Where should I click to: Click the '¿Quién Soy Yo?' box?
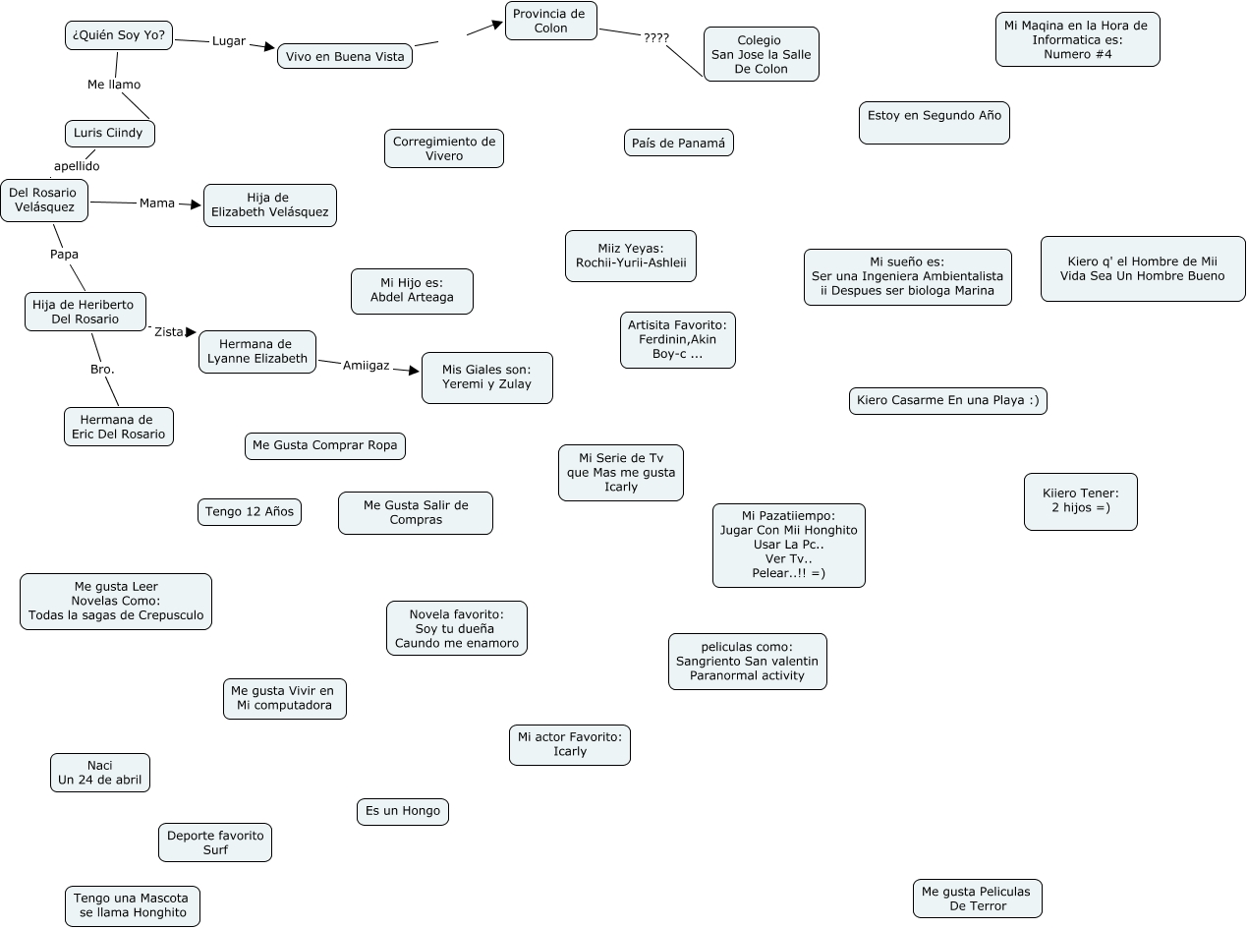pos(119,36)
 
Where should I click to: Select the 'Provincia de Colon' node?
pos(550,21)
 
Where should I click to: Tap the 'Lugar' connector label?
pos(229,41)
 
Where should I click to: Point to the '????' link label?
pos(655,38)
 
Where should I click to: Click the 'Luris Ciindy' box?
pos(109,133)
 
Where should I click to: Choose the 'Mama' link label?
pos(157,203)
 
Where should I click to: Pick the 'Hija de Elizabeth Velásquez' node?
pos(269,204)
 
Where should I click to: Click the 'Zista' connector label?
pos(169,332)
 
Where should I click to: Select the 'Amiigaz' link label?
pos(366,366)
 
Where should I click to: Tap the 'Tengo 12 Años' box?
pos(250,511)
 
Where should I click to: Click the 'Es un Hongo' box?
pos(403,811)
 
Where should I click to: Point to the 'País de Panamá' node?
pos(678,143)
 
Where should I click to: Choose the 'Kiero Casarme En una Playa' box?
pos(947,400)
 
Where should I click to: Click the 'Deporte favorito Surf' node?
pos(214,842)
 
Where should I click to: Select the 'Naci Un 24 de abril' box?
pos(100,773)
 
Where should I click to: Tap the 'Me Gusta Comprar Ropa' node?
pos(324,445)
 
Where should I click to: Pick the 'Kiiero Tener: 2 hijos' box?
pos(1080,501)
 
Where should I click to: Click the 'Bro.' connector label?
pos(102,370)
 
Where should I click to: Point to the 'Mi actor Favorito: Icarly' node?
pos(569,744)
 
